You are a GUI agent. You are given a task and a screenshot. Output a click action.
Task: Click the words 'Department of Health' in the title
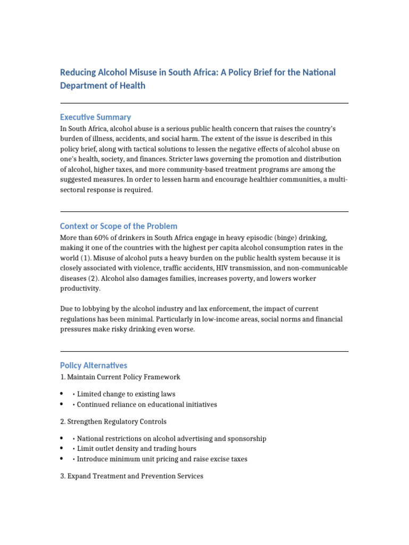[102, 86]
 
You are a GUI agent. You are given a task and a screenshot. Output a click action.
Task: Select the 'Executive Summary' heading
[95, 117]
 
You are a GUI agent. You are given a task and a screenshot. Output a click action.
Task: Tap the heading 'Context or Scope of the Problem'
[118, 226]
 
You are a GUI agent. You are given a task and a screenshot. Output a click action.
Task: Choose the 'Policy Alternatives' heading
[94, 366]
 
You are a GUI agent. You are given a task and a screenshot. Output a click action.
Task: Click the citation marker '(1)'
[91, 258]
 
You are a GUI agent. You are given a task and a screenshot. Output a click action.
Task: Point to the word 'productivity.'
[80, 288]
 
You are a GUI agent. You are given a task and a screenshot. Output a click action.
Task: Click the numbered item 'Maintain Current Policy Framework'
[124, 377]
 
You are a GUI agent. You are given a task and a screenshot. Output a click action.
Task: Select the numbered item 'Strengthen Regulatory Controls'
[117, 422]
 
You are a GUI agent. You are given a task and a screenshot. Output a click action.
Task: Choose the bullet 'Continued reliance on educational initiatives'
[147, 404]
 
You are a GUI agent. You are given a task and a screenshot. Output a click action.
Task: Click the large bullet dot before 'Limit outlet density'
[62, 449]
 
